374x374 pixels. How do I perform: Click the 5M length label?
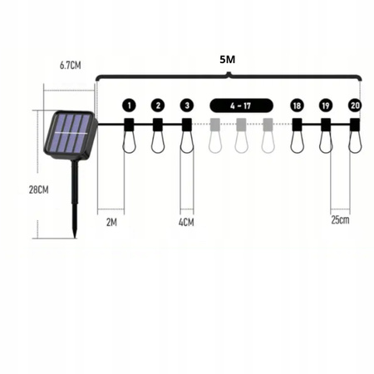[x=227, y=61]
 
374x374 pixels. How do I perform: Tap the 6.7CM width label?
[x=70, y=65]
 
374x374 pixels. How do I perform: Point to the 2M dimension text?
[x=111, y=222]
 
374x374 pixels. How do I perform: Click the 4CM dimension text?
[x=186, y=222]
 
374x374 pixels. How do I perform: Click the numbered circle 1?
[x=129, y=106]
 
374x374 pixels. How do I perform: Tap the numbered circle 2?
[x=158, y=106]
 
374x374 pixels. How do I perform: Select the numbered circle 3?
[x=187, y=106]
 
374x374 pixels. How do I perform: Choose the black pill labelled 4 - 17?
[x=242, y=106]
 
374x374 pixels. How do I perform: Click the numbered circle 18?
[x=298, y=106]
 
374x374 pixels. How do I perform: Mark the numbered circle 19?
[x=326, y=106]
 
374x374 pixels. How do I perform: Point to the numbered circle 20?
[x=355, y=106]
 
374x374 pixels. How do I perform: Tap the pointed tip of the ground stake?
[x=75, y=235]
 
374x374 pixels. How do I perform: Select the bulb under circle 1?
[x=129, y=143]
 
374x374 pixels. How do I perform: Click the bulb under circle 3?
[x=187, y=143]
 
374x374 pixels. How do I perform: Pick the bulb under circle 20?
[x=355, y=143]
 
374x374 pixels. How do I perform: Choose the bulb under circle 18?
[x=298, y=143]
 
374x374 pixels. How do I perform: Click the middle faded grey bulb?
[x=242, y=143]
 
